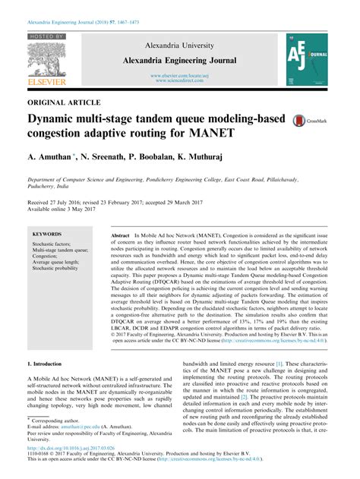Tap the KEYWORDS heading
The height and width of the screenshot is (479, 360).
48,235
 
